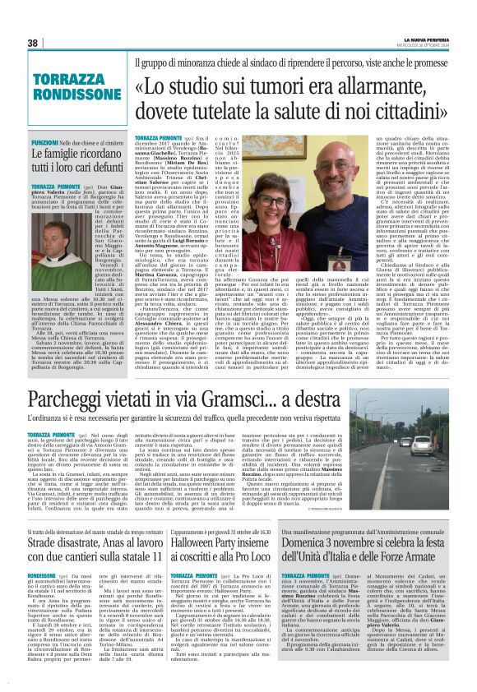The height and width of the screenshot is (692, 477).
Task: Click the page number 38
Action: click(x=33, y=43)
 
